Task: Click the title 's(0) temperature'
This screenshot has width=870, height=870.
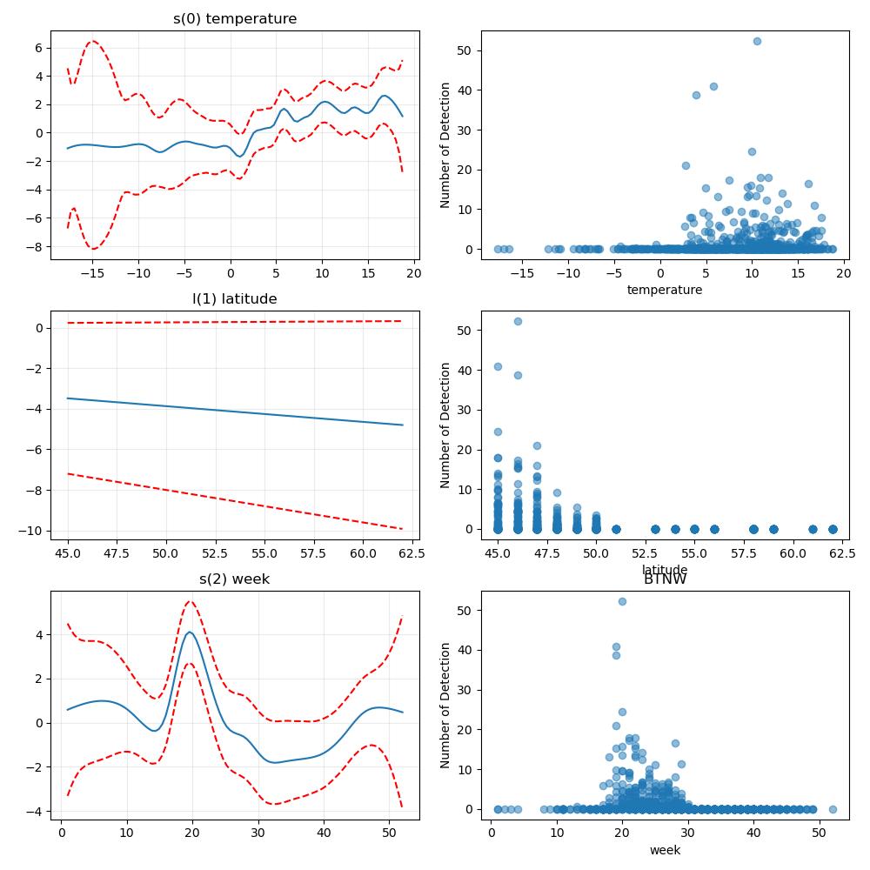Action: tap(235, 19)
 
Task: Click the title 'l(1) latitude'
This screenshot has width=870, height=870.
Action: tap(235, 299)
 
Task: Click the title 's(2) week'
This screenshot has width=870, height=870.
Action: tap(235, 579)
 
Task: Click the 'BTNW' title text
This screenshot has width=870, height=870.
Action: tap(666, 579)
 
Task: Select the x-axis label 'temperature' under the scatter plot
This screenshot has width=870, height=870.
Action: tap(665, 290)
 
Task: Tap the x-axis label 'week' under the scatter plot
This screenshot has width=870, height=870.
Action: tap(666, 850)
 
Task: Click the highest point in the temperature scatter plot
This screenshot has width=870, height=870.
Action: tap(758, 42)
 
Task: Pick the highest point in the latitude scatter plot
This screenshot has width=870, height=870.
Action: tap(518, 322)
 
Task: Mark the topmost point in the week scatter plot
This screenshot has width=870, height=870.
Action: tap(623, 602)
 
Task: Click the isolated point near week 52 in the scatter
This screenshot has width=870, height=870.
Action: tap(833, 809)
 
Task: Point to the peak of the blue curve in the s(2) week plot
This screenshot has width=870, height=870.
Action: tap(191, 632)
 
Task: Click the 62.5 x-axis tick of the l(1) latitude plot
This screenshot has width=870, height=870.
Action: tap(412, 553)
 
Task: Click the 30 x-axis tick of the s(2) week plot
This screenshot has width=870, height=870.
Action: tap(258, 833)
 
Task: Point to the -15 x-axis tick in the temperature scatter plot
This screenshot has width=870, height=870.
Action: tap(522, 273)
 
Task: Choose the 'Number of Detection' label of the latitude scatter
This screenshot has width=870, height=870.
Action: tap(445, 425)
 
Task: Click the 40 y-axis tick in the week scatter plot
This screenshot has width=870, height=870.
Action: tap(465, 650)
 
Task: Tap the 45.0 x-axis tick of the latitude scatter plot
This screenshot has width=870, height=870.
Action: tap(498, 553)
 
